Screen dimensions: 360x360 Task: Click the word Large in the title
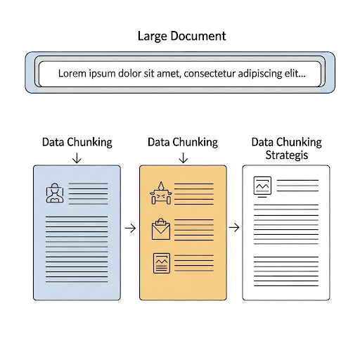tap(153, 37)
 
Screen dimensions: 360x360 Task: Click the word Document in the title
tap(198, 36)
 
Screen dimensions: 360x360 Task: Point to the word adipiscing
tap(259, 74)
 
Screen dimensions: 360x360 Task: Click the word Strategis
tap(286, 155)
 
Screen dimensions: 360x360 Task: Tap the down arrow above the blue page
tap(77, 158)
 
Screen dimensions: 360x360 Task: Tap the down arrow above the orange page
tap(183, 158)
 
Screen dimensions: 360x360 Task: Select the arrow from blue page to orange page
tap(130, 228)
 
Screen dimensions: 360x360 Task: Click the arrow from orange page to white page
tap(234, 228)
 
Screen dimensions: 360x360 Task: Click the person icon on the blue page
tap(55, 193)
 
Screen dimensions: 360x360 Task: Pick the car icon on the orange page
tap(161, 193)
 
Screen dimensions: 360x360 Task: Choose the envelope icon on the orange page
tap(161, 229)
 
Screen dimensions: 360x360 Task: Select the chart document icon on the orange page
tap(162, 263)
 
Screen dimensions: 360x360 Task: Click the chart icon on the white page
tap(262, 187)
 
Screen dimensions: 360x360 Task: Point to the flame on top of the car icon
tap(161, 186)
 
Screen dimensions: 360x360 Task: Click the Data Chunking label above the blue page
tap(77, 143)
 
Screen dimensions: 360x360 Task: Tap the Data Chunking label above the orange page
tap(183, 143)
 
